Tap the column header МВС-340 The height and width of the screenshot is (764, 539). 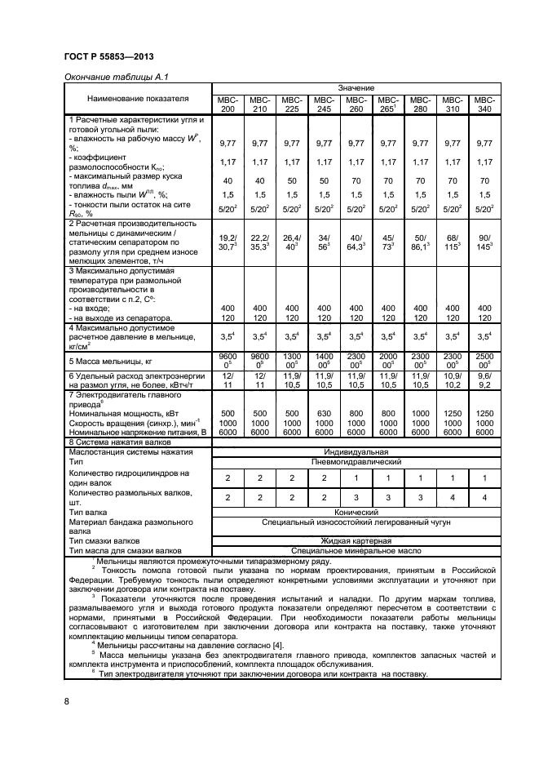point(484,104)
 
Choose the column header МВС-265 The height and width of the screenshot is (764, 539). point(388,104)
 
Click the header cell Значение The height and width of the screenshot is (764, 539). point(356,87)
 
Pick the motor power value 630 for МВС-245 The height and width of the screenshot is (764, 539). point(324,413)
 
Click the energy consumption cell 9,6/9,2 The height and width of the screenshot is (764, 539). point(484,380)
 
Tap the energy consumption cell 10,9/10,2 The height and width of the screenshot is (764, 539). point(453,380)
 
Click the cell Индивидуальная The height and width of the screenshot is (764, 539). point(356,451)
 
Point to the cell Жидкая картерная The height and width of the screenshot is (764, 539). point(356,540)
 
